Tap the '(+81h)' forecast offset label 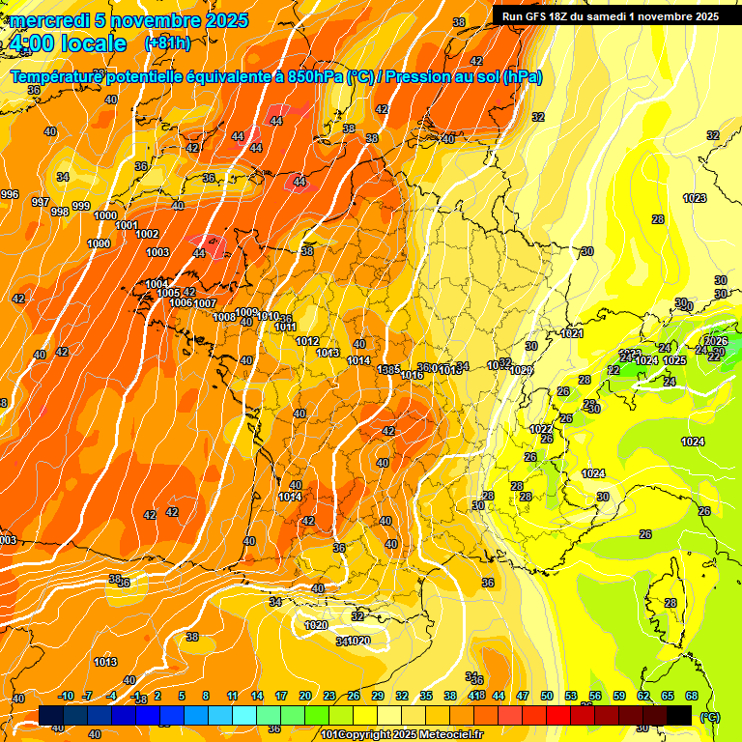pos(167,43)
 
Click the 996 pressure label pos(10,194)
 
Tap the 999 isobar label pos(81,206)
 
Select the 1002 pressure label pos(147,234)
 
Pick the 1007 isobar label pos(205,303)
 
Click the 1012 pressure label pos(307,341)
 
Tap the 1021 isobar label pos(572,333)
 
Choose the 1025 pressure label pos(674,360)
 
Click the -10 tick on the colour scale pos(66,696)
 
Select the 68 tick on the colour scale pos(692,696)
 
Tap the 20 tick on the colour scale pos(305,696)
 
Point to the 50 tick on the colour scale pos(547,696)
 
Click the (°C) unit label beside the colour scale pos(709,718)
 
